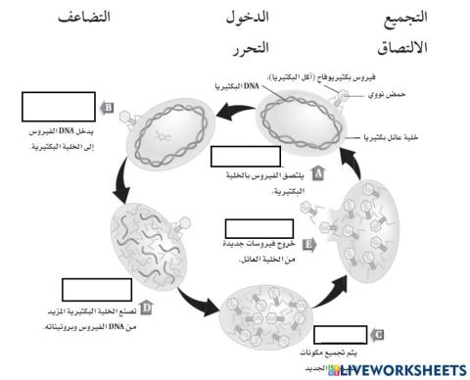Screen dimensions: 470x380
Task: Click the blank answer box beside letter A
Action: (238, 157)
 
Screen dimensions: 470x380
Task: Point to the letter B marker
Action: (110, 108)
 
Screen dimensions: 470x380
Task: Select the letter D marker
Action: (146, 307)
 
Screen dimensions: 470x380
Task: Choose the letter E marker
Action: (309, 245)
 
